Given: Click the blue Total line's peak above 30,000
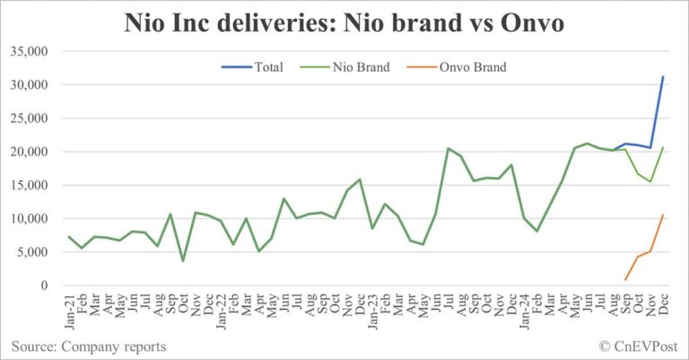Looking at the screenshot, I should [663, 76].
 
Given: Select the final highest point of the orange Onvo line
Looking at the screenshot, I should [663, 215].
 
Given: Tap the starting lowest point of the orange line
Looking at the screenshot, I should [625, 280].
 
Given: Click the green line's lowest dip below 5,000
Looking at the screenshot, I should [183, 261].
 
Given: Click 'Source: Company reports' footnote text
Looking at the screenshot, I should [89, 346].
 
